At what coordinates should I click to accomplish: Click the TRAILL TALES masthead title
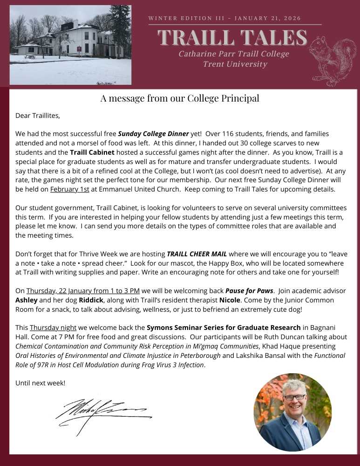(x=232, y=37)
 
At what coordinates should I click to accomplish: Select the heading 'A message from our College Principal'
(x=180, y=98)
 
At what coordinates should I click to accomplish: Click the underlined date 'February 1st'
(x=69, y=190)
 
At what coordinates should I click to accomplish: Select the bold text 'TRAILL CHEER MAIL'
(x=197, y=254)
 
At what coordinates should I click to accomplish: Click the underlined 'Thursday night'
(x=53, y=328)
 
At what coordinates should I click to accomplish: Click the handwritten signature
(x=102, y=410)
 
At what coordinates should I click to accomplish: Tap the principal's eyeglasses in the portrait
(x=294, y=397)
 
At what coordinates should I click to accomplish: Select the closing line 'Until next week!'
(x=41, y=383)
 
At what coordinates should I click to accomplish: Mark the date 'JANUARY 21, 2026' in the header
(x=268, y=18)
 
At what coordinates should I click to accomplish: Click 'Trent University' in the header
(x=235, y=64)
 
